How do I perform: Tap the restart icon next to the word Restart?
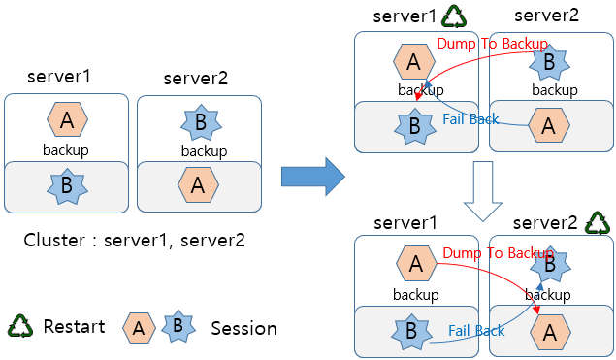pyautogui.click(x=21, y=326)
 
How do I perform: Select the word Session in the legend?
pyautogui.click(x=243, y=328)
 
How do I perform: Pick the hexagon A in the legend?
pyautogui.click(x=140, y=328)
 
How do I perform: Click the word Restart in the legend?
pyautogui.click(x=74, y=327)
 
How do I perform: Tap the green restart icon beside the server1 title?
pyautogui.click(x=453, y=16)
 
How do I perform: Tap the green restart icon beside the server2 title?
pyautogui.click(x=599, y=224)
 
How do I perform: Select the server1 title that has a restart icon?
pyautogui.click(x=405, y=16)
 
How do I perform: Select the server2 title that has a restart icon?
pyautogui.click(x=546, y=225)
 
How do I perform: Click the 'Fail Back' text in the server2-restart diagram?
pyautogui.click(x=475, y=331)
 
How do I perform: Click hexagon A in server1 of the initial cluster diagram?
pyautogui.click(x=67, y=120)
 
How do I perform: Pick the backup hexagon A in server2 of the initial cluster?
pyautogui.click(x=198, y=183)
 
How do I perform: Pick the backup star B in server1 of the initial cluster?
pyautogui.click(x=65, y=185)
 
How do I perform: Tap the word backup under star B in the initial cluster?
pyautogui.click(x=204, y=151)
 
